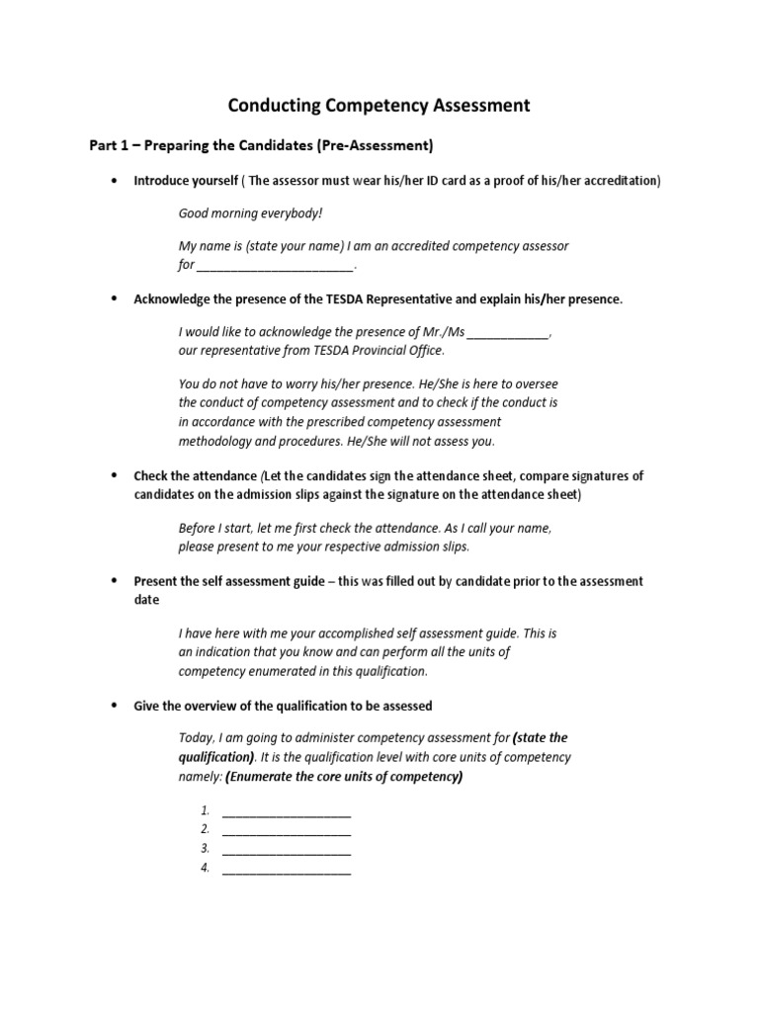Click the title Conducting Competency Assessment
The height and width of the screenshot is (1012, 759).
379,105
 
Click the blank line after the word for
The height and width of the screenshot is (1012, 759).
275,266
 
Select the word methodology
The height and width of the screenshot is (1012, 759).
214,441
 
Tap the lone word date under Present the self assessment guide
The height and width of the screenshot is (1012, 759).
146,600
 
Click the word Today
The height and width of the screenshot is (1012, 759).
196,738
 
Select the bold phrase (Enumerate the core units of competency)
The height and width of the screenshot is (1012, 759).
344,777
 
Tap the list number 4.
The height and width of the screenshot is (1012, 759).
205,869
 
